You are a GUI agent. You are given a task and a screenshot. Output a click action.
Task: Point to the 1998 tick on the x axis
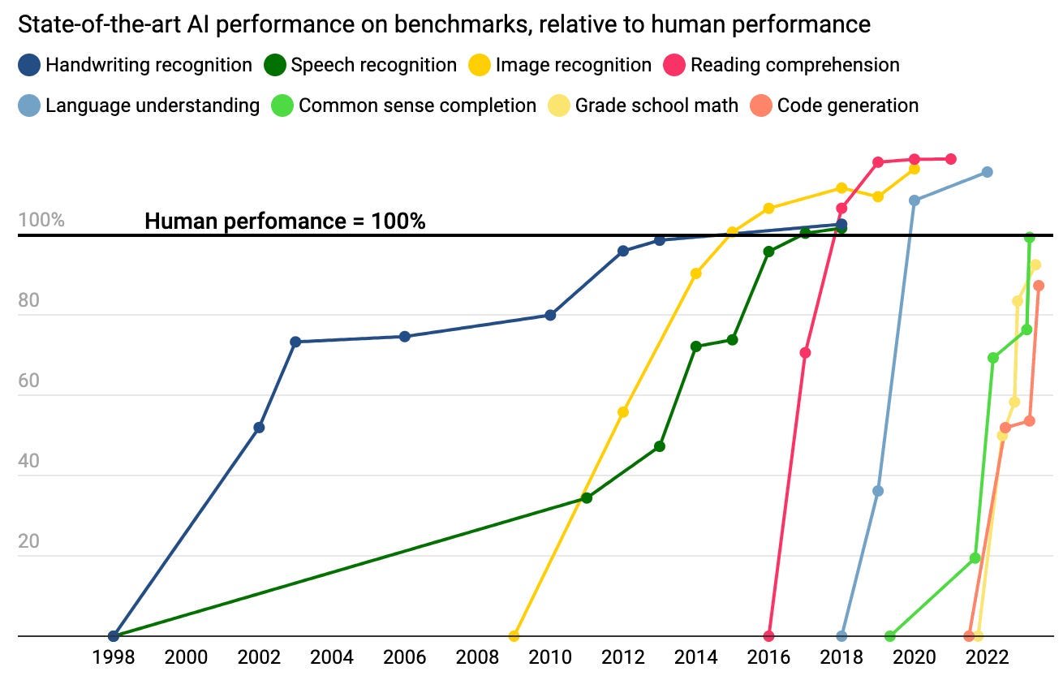coord(114,657)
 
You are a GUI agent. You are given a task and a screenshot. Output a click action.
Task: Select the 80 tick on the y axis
coord(29,300)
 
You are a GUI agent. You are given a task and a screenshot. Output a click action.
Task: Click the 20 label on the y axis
coord(29,541)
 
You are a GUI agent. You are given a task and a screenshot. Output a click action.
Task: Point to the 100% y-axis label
coord(41,220)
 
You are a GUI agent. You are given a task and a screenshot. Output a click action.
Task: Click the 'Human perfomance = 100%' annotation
coord(285,221)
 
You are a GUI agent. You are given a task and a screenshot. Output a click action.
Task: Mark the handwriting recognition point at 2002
coord(259,428)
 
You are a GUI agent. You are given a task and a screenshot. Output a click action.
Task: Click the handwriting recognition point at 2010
coord(550,315)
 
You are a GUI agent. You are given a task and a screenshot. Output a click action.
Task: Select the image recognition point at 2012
coord(623,412)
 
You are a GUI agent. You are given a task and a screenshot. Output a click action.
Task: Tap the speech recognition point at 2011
coord(587,498)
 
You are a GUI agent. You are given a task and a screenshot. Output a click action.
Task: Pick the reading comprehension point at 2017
coord(805,353)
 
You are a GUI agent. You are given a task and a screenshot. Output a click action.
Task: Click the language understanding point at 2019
coord(878,491)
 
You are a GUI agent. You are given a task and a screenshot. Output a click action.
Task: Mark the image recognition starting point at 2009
coord(514,636)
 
